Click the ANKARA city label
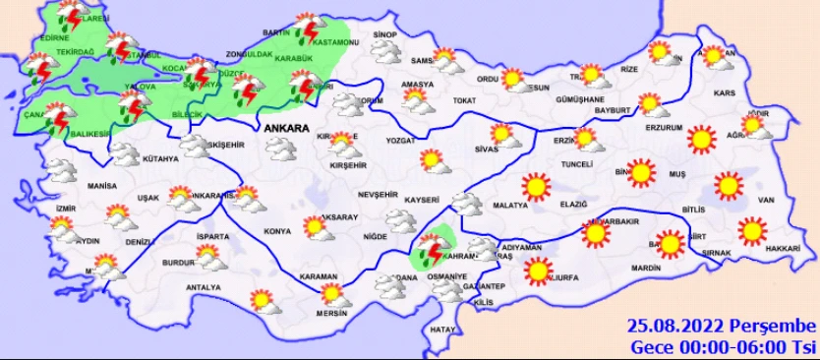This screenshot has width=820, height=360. [284, 128]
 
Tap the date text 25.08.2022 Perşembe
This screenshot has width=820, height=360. [723, 327]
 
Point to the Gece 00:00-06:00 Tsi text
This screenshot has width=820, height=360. [723, 347]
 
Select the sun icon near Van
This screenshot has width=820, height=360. [728, 185]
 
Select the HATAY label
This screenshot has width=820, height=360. [442, 330]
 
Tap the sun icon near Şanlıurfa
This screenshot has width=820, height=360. [538, 270]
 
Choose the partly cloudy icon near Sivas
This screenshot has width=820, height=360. [502, 134]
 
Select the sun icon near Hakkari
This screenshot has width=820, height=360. [752, 231]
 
